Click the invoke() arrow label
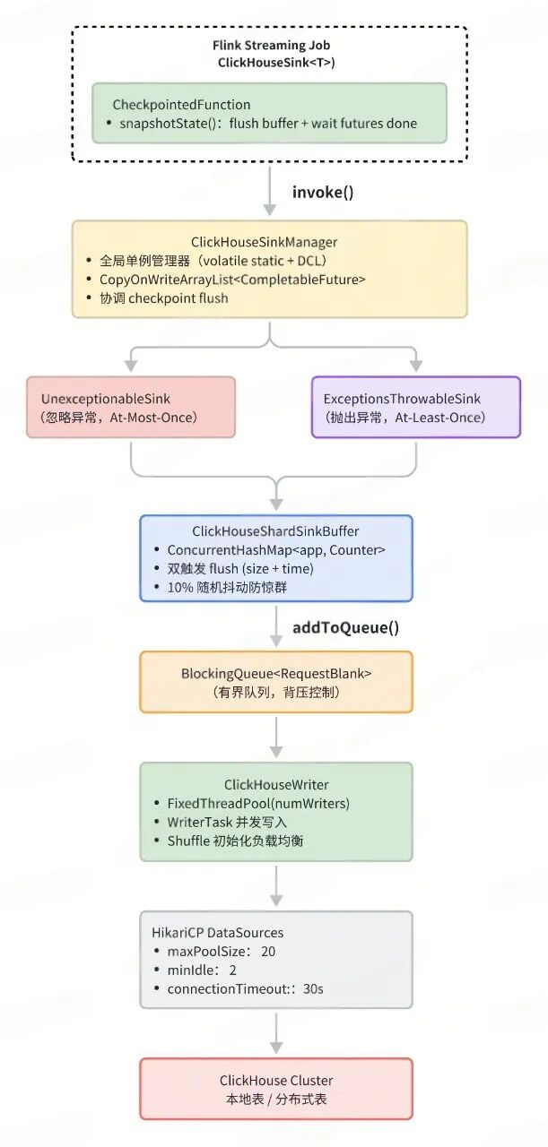(x=323, y=192)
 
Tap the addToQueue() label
(x=345, y=627)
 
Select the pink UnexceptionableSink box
(x=131, y=407)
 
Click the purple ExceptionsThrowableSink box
(x=415, y=407)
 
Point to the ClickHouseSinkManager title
(x=269, y=242)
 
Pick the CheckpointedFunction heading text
(x=181, y=105)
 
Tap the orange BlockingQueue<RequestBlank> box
(x=275, y=682)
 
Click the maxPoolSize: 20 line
(x=221, y=951)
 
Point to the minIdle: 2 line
(x=202, y=970)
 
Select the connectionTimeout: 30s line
(x=245, y=988)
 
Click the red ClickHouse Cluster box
(x=275, y=1089)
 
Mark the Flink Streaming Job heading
(x=269, y=45)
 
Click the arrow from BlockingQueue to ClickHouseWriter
(x=276, y=737)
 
